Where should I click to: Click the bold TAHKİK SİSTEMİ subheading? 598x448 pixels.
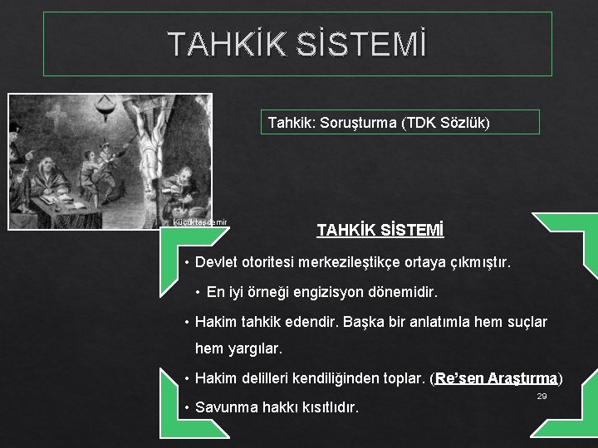pyautogui.click(x=380, y=229)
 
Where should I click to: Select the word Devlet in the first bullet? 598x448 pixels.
pyautogui.click(x=216, y=263)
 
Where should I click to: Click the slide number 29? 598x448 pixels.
pyautogui.click(x=542, y=397)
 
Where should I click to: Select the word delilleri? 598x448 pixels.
pyautogui.click(x=266, y=379)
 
